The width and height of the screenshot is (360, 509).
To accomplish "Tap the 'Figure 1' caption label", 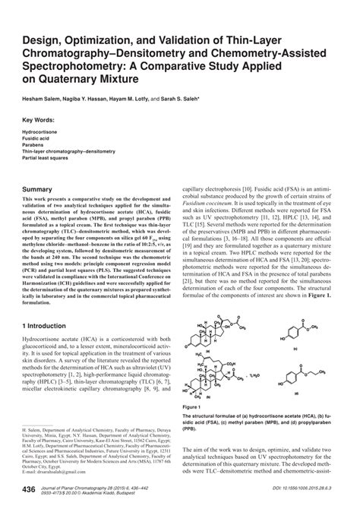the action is pyautogui.click(x=194, y=408).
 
